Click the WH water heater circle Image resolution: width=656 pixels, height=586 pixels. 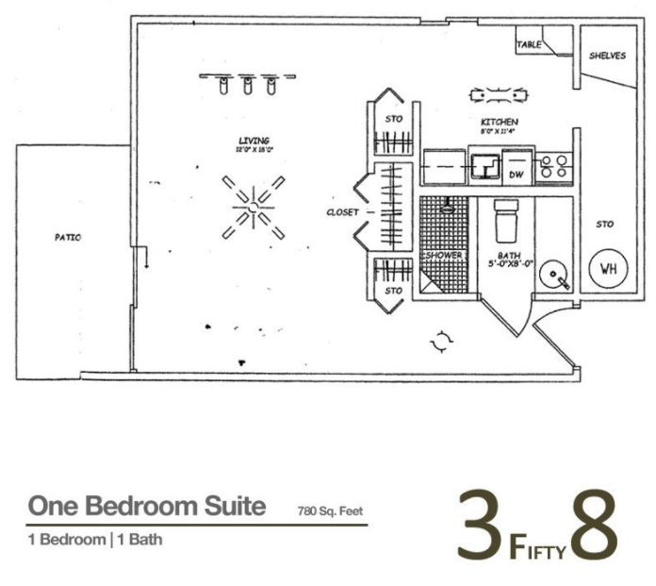[608, 269]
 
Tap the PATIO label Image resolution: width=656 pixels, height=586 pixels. [67, 238]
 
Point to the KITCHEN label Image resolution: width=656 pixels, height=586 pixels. [500, 123]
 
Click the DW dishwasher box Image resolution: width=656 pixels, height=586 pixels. [517, 175]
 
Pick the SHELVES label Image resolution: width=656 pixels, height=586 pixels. [607, 56]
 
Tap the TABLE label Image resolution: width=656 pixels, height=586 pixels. [529, 44]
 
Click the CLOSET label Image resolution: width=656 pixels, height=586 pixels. [342, 212]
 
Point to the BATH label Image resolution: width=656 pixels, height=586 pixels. [510, 256]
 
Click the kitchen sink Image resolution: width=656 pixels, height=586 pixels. [485, 168]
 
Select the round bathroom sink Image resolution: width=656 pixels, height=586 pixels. [554, 276]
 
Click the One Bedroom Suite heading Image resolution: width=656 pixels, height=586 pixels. [146, 507]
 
